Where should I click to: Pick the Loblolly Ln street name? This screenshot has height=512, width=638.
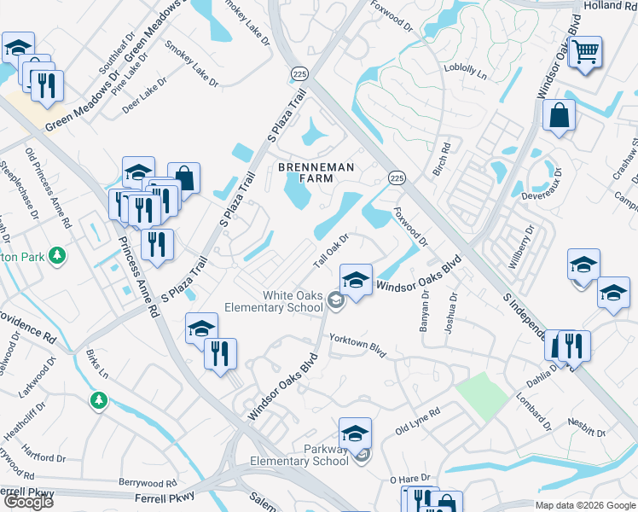[465, 72]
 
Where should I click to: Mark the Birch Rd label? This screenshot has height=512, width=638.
[440, 160]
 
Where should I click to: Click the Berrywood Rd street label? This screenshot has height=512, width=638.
[148, 483]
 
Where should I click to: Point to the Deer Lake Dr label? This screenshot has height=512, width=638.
[144, 96]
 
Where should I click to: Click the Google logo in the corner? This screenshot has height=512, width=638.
[28, 502]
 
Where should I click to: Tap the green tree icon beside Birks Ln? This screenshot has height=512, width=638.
[99, 399]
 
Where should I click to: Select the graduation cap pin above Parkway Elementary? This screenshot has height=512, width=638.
[355, 433]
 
